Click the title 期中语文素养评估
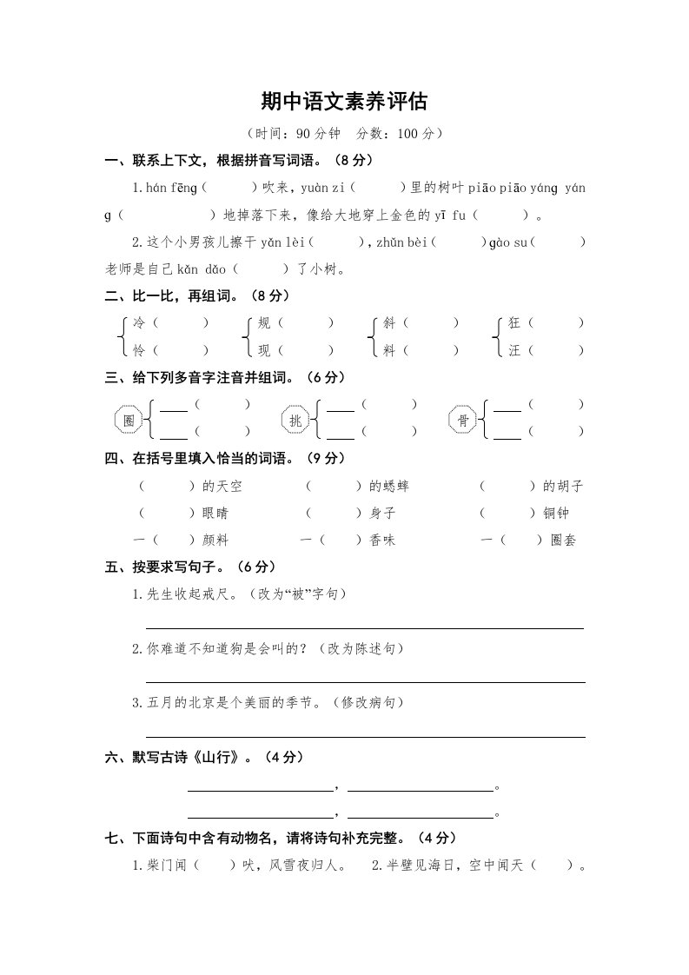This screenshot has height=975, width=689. [x=344, y=102]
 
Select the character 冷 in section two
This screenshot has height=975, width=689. [x=139, y=323]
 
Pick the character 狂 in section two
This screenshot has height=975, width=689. [x=514, y=323]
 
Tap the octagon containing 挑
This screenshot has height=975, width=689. [x=296, y=421]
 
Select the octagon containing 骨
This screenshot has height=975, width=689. [x=463, y=421]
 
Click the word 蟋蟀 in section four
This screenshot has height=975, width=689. [x=394, y=486]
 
